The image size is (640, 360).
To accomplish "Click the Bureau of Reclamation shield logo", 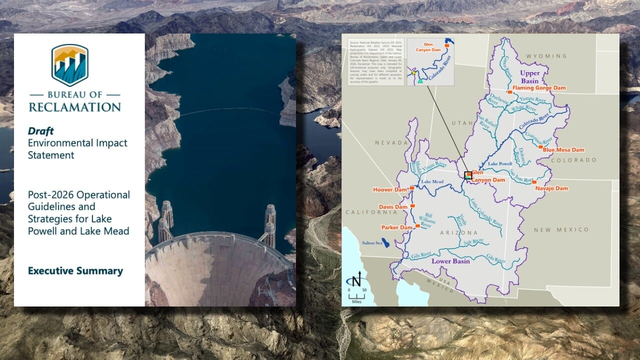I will (x=70, y=65).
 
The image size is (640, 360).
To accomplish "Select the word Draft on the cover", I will (x=41, y=131).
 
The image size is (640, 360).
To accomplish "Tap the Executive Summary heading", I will (x=75, y=271).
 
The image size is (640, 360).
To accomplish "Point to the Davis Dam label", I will (x=392, y=206).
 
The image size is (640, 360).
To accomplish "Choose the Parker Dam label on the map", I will (x=396, y=227).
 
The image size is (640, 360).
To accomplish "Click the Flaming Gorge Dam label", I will (x=539, y=88).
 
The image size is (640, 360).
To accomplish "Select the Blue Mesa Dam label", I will (x=563, y=149).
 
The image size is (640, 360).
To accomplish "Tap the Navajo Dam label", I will (x=551, y=188).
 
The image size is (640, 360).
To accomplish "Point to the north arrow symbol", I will (x=356, y=280).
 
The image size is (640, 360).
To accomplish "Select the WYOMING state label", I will (x=546, y=56).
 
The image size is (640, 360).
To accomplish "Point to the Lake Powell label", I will (x=500, y=163).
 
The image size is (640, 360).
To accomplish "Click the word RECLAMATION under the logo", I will (x=74, y=107).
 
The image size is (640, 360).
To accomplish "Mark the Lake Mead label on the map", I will (x=432, y=182).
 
